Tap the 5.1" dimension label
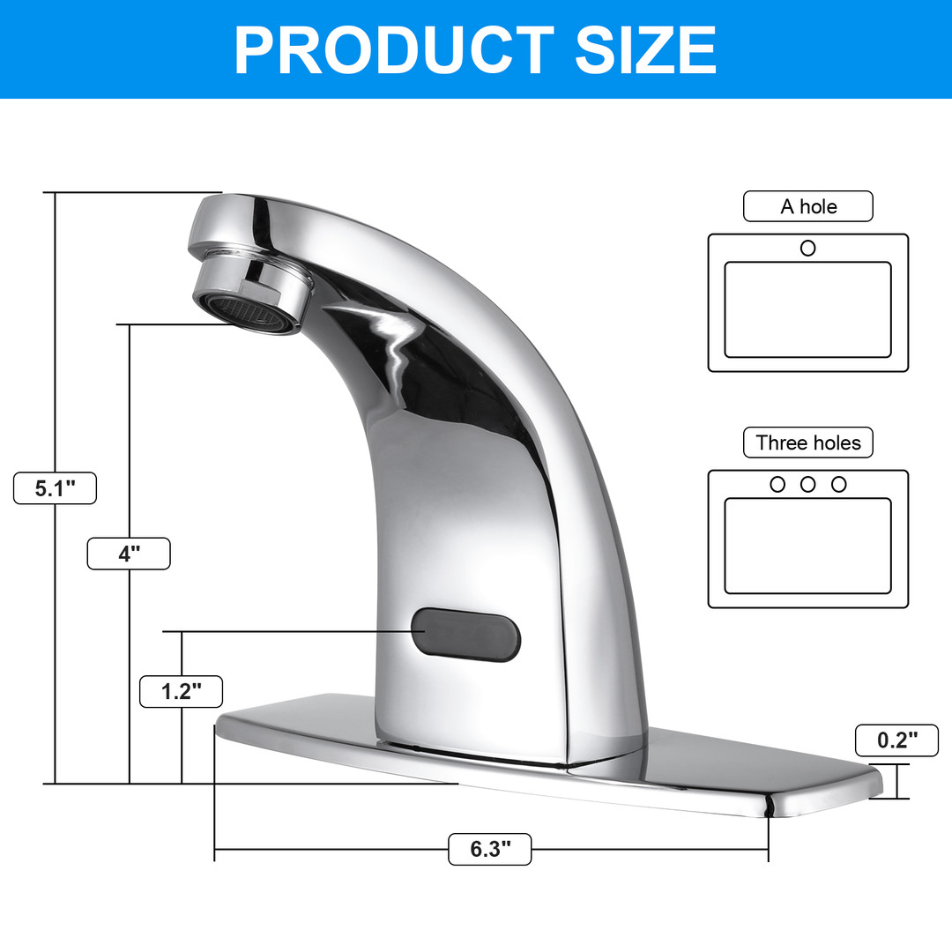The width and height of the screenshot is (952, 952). (56, 488)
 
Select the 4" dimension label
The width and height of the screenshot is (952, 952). (129, 554)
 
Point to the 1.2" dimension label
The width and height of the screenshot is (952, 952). (181, 692)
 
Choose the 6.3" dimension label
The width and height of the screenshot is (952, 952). (490, 849)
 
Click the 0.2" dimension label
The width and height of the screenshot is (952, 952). (896, 740)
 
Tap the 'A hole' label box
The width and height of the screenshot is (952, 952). (808, 206)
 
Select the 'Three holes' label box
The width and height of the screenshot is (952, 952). (808, 443)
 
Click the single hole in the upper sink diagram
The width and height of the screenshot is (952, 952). (808, 248)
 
